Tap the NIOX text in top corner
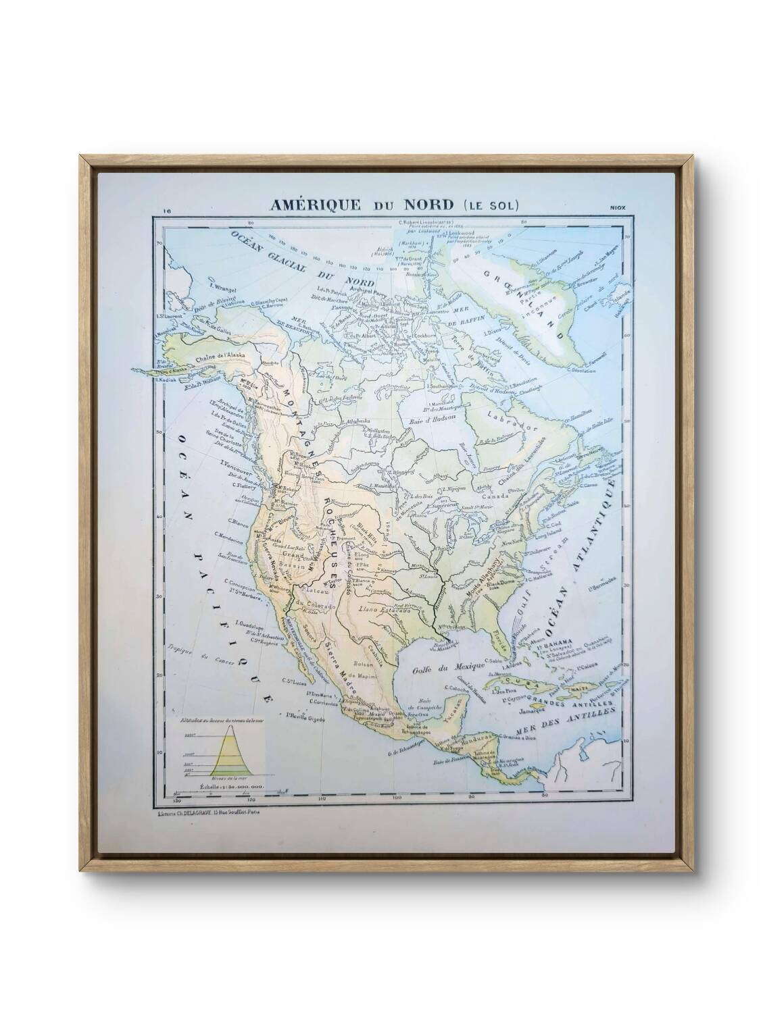click(x=616, y=207)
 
